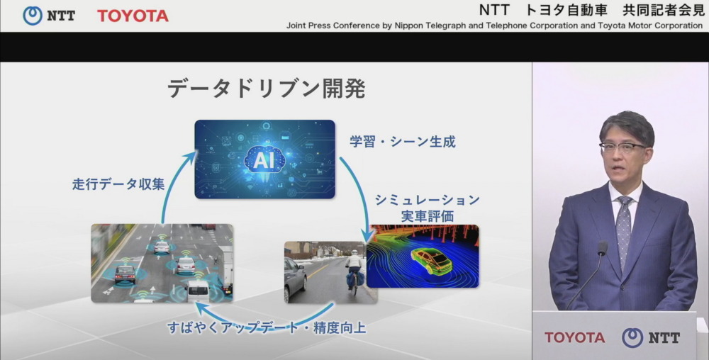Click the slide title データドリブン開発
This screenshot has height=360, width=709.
tap(266, 89)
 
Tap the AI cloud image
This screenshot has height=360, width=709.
tap(264, 159)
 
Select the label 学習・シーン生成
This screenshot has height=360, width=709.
tap(402, 142)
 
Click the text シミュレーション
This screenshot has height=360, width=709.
tap(427, 200)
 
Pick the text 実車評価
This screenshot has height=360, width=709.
tap(427, 216)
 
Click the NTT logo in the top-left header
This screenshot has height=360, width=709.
tap(49, 15)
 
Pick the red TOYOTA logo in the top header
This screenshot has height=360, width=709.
tap(133, 16)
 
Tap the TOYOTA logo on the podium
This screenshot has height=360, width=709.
tap(575, 337)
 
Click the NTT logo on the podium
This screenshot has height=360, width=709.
tap(651, 337)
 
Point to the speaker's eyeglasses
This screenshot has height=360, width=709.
tap(623, 147)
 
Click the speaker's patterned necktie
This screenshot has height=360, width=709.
tap(624, 230)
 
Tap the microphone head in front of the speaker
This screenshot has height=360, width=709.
tap(602, 249)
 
